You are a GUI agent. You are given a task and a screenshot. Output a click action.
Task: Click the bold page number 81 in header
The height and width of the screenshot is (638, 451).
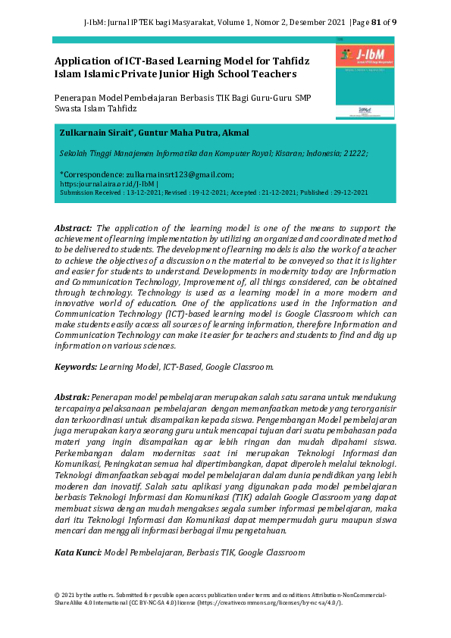point(374,22)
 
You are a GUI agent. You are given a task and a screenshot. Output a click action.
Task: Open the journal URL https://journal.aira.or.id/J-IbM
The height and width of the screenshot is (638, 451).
point(106,183)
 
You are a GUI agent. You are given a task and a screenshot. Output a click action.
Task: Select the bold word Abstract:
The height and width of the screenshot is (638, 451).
point(74,227)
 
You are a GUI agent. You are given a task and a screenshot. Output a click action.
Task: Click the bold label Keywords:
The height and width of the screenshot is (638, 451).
point(76,366)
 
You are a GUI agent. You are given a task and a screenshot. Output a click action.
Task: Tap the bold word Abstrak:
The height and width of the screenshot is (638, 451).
point(72,396)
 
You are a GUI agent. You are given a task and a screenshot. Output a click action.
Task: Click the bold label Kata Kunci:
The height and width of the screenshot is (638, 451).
point(78,553)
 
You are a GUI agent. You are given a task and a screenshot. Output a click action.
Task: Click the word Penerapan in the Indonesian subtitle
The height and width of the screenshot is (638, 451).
point(76,99)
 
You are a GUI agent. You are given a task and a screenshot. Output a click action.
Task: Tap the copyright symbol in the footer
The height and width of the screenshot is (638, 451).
point(57,595)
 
